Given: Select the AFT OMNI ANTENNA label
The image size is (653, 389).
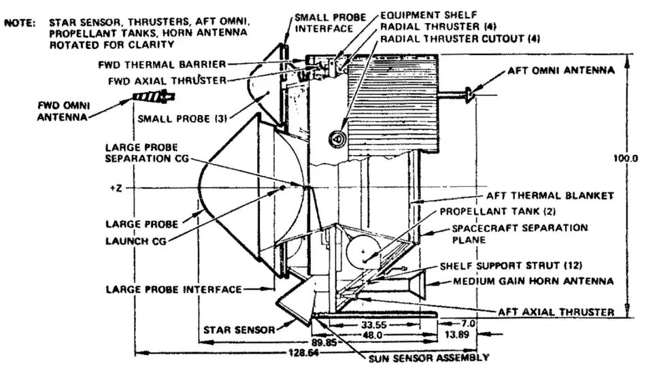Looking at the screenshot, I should click(560, 70).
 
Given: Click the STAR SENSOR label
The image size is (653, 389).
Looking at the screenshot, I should click(239, 331).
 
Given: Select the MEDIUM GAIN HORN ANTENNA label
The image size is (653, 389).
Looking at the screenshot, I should click(534, 280).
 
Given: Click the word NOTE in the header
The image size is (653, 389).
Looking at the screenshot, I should click(20, 22).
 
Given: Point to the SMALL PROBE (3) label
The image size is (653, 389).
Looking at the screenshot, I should click(182, 118).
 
